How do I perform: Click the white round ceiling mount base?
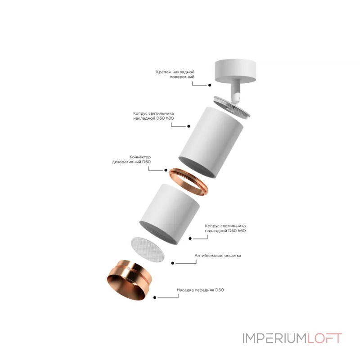click(x=235, y=71)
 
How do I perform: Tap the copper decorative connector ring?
click(x=188, y=182)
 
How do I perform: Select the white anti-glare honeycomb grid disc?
click(x=148, y=250)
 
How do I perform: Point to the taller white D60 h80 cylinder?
click(x=211, y=142)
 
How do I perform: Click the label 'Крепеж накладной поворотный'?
click(x=175, y=74)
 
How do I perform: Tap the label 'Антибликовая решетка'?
click(x=218, y=256)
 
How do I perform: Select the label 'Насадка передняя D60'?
click(x=200, y=290)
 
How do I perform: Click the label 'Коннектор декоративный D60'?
click(x=131, y=159)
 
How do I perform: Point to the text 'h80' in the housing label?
click(x=170, y=118)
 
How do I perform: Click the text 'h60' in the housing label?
click(x=241, y=231)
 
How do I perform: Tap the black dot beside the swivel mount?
click(x=210, y=85)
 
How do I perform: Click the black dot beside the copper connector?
click(x=166, y=170)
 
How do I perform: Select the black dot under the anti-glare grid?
click(x=173, y=263)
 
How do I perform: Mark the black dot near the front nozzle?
click(x=155, y=297)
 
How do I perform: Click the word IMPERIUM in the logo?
click(x=274, y=338)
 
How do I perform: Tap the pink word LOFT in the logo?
click(x=324, y=338)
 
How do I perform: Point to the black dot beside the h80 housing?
click(x=189, y=126)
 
